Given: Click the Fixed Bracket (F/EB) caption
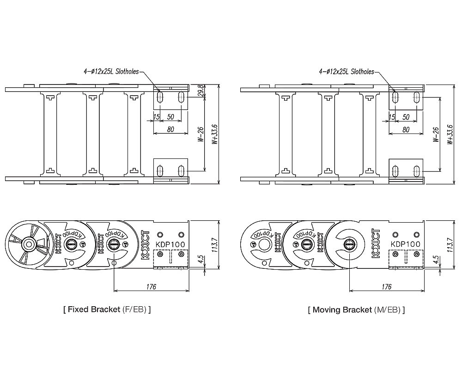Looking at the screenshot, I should click(x=107, y=309).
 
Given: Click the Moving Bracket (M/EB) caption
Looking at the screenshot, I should click(x=356, y=309).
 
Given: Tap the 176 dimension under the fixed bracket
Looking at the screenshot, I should click(x=151, y=287).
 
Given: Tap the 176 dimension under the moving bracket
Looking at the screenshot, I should click(x=387, y=287).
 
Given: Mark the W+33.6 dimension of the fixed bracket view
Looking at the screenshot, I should click(x=214, y=134).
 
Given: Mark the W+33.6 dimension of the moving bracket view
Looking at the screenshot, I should click(x=450, y=134).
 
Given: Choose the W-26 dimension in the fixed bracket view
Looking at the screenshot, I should click(x=200, y=134).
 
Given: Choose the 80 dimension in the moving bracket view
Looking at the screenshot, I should click(x=406, y=130).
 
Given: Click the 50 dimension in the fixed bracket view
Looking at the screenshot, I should click(x=170, y=117).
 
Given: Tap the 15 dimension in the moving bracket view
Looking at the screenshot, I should click(x=392, y=117).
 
